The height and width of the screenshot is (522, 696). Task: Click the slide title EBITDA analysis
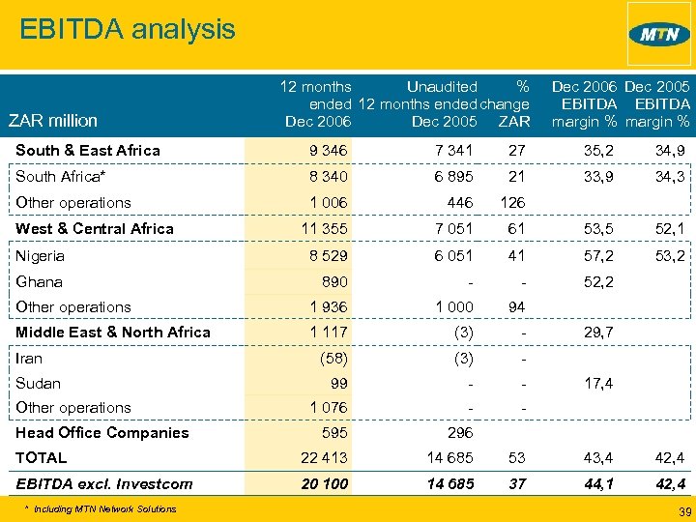[127, 29]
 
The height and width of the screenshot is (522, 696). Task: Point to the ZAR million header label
[52, 121]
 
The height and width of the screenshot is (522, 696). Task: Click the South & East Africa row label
[88, 151]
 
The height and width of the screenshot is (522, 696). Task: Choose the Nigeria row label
[41, 256]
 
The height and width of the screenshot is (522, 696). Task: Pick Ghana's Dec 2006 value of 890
[333, 282]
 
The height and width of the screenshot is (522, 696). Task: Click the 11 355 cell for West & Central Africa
[324, 229]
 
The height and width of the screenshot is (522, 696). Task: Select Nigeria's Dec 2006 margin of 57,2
[594, 256]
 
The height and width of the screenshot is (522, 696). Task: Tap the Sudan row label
[38, 384]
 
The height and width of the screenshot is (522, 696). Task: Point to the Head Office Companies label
[101, 433]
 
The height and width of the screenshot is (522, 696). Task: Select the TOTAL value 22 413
[324, 458]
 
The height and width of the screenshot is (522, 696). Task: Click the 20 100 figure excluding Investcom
[324, 484]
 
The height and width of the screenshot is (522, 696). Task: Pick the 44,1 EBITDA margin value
[594, 484]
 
